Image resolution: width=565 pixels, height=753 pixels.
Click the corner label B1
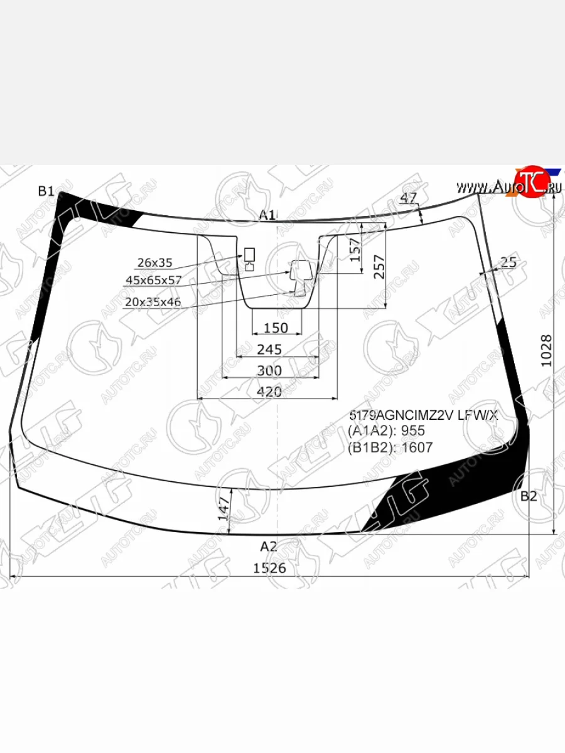(x=46, y=192)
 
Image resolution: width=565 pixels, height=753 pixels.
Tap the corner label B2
(x=529, y=496)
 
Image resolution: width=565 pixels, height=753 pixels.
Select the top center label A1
(x=267, y=215)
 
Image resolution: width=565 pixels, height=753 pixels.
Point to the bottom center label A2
(x=269, y=546)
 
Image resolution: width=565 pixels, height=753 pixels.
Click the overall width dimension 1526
(x=269, y=568)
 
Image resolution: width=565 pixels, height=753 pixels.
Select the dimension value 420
(x=269, y=392)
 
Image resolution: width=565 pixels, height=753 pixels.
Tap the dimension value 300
(x=269, y=371)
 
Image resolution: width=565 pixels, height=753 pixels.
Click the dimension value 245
(x=269, y=350)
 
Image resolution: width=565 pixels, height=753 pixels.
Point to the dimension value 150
(x=276, y=328)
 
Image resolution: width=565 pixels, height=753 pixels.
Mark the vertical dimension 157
(x=355, y=250)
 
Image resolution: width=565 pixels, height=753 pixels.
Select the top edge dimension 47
(x=409, y=198)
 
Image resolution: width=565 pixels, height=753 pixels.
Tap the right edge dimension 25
(x=509, y=262)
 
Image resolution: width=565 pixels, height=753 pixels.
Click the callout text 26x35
(x=155, y=262)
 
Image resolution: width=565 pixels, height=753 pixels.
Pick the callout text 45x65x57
(x=154, y=280)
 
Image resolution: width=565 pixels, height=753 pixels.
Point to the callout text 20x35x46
(x=153, y=302)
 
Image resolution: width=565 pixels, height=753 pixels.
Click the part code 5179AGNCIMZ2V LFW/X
(x=423, y=415)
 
